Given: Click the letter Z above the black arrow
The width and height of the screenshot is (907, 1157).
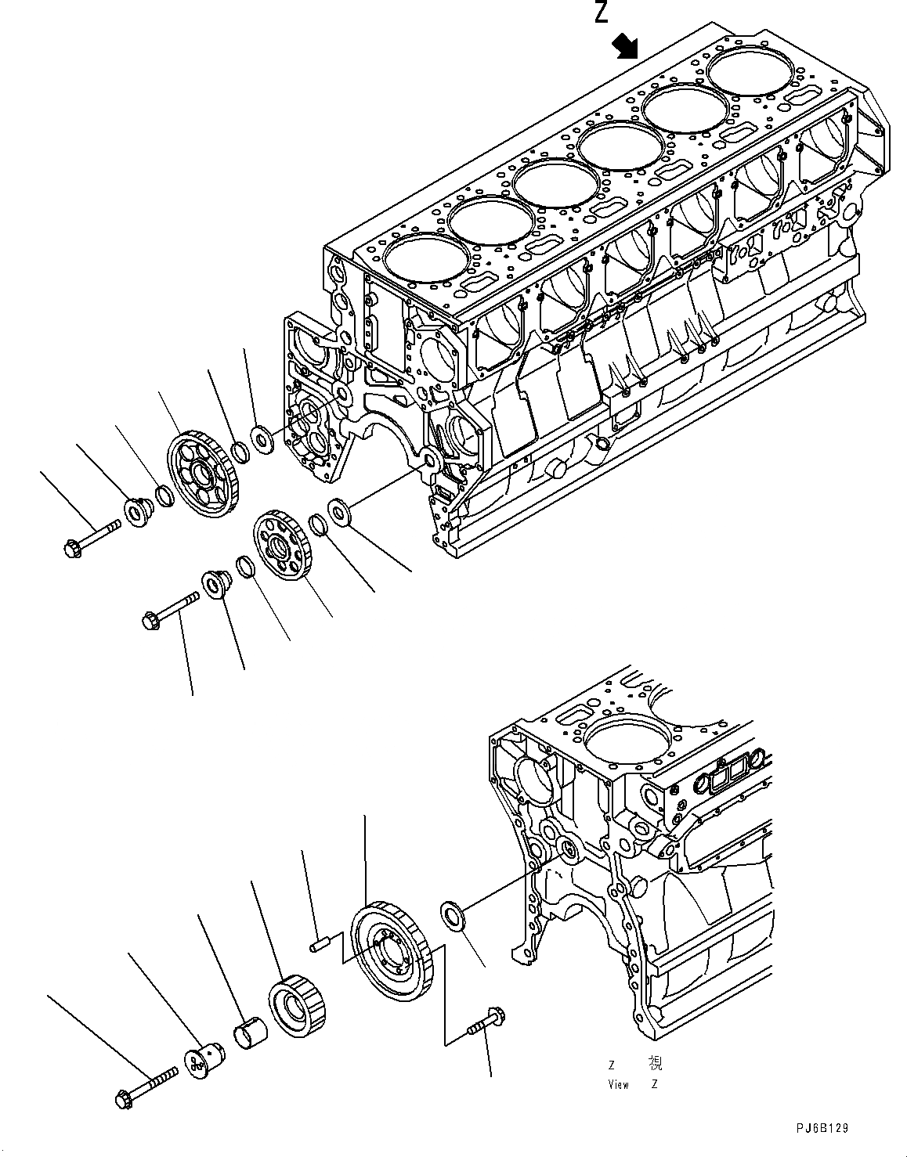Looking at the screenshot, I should (x=601, y=13).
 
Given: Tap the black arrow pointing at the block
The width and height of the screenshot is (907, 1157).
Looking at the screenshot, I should (x=626, y=46).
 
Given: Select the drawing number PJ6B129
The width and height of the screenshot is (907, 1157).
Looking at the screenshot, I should (x=818, y=1128).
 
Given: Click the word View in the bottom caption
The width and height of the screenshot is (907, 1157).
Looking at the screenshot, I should (x=619, y=1084).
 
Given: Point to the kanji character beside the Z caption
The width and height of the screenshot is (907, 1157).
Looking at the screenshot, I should (x=655, y=1063).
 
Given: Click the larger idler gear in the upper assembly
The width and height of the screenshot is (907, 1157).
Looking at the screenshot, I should (x=201, y=474).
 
